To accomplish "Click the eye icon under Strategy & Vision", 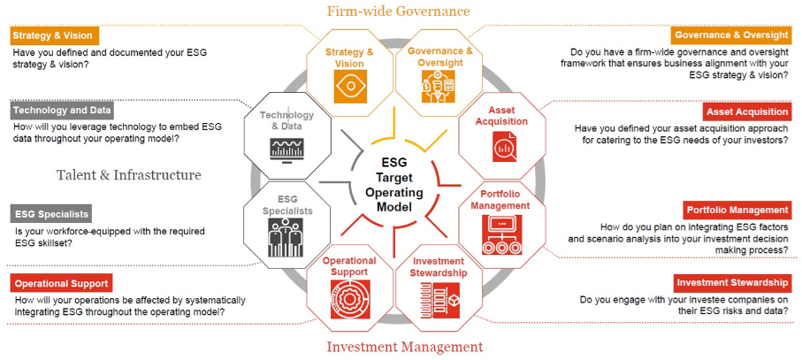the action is point(350,87).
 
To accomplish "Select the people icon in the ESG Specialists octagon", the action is point(286,237).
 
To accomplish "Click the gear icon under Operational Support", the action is point(350,300).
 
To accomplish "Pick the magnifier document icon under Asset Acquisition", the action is point(504,147).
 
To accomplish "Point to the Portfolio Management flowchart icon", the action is point(501,234).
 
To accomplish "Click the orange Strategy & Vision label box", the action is point(54,35).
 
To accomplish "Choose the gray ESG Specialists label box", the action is point(51,214).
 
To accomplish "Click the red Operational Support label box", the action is point(61,283).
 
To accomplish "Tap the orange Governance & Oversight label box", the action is point(731,35).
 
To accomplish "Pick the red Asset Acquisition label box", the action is point(747,111).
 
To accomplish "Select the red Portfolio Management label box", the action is point(737,211).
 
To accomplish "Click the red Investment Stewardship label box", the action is point(732,282).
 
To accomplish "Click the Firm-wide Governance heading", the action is point(399,11).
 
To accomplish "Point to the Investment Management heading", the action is point(405,347).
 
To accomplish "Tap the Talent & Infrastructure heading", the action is point(129,175).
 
